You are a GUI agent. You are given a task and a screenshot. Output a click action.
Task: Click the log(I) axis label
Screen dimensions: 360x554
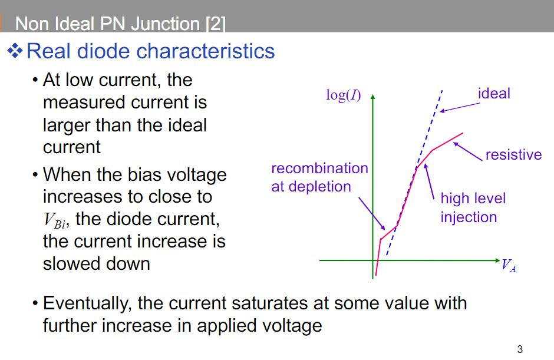344,95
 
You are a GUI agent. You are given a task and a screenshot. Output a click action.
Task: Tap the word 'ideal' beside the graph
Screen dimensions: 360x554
494,93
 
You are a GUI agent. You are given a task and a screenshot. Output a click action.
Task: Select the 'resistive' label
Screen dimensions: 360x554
513,154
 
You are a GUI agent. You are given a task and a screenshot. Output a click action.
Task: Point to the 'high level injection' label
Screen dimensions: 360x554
473,207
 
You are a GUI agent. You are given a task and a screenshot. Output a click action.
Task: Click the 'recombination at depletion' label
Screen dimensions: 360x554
319,177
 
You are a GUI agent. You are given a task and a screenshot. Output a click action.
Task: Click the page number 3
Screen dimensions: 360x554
519,349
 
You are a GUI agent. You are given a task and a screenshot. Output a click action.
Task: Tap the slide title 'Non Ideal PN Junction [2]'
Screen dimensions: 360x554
120,24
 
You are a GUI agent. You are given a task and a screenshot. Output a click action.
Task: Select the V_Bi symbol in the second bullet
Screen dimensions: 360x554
56,220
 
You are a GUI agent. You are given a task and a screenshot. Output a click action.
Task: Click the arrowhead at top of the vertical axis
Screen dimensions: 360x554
372,96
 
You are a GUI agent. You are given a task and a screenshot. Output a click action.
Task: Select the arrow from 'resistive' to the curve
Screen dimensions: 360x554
469,150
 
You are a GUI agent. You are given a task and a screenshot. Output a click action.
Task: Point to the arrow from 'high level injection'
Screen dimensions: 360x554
430,183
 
